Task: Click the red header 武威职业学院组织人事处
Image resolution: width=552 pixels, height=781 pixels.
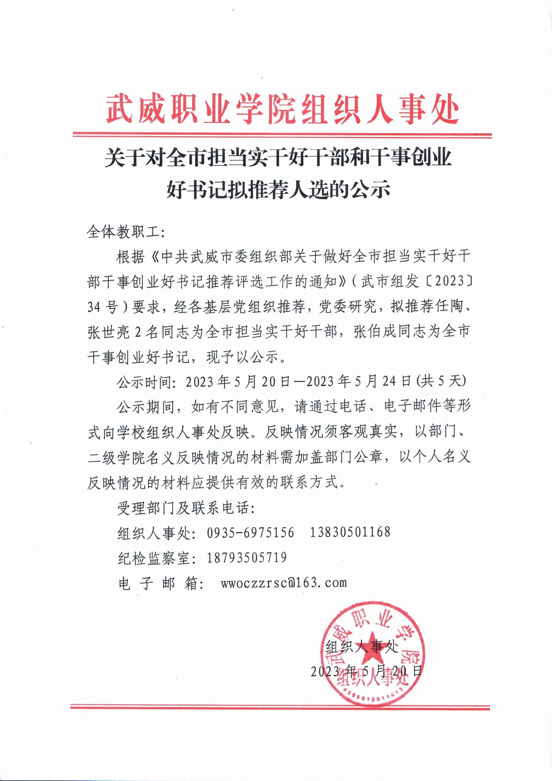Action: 282,110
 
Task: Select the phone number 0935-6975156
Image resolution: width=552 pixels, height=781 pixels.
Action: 250,532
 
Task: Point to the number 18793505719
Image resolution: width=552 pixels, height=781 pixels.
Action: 247,558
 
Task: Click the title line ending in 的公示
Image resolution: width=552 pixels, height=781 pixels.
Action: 278,189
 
